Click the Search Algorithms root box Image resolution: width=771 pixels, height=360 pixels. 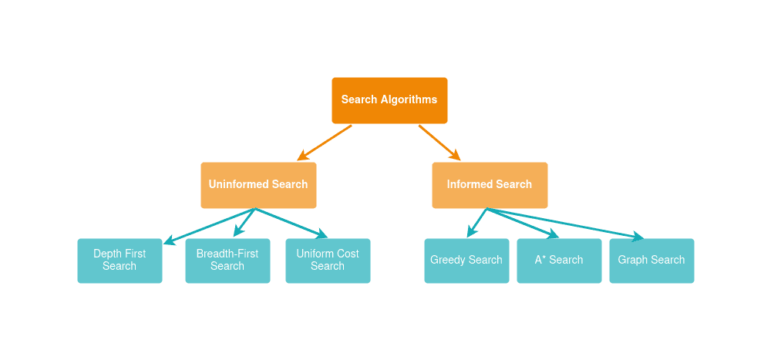coord(389,100)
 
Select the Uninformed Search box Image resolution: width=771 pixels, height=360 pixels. coord(258,185)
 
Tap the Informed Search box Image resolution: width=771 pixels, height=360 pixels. coord(490,185)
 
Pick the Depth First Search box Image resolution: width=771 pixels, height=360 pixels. coord(120,261)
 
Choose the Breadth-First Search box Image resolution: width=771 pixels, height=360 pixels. coord(227,261)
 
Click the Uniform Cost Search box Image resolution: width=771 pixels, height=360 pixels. coord(328,261)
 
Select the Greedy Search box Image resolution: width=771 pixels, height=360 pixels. coord(466,261)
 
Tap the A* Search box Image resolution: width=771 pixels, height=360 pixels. coord(559,261)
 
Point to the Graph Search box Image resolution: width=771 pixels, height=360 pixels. coord(651,261)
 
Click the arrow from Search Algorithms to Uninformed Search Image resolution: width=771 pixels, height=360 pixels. coord(325,143)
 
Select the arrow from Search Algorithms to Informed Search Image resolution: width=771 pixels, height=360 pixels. coord(439,143)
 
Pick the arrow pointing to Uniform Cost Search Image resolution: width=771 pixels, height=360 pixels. coord(291,223)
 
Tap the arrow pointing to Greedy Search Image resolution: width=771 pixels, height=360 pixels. coord(477,222)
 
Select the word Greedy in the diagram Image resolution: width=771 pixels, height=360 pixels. coord(448,261)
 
